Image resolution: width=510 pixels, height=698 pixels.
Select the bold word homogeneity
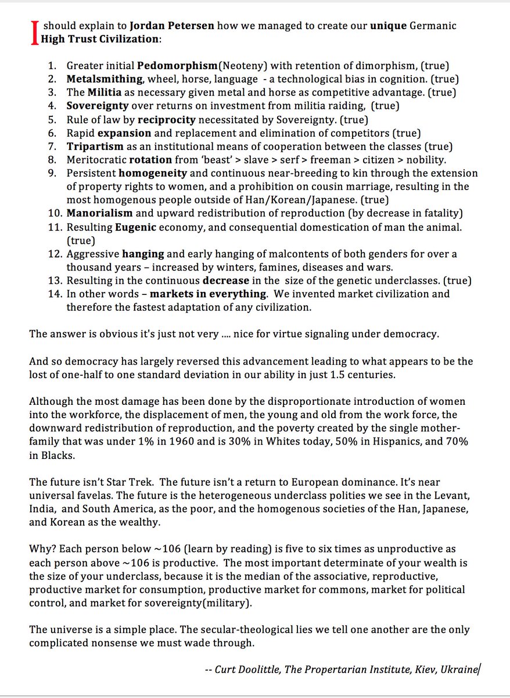(x=153, y=173)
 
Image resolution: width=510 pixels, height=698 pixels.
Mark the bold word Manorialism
(x=100, y=213)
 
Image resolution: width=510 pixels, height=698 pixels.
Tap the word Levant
(x=451, y=496)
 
